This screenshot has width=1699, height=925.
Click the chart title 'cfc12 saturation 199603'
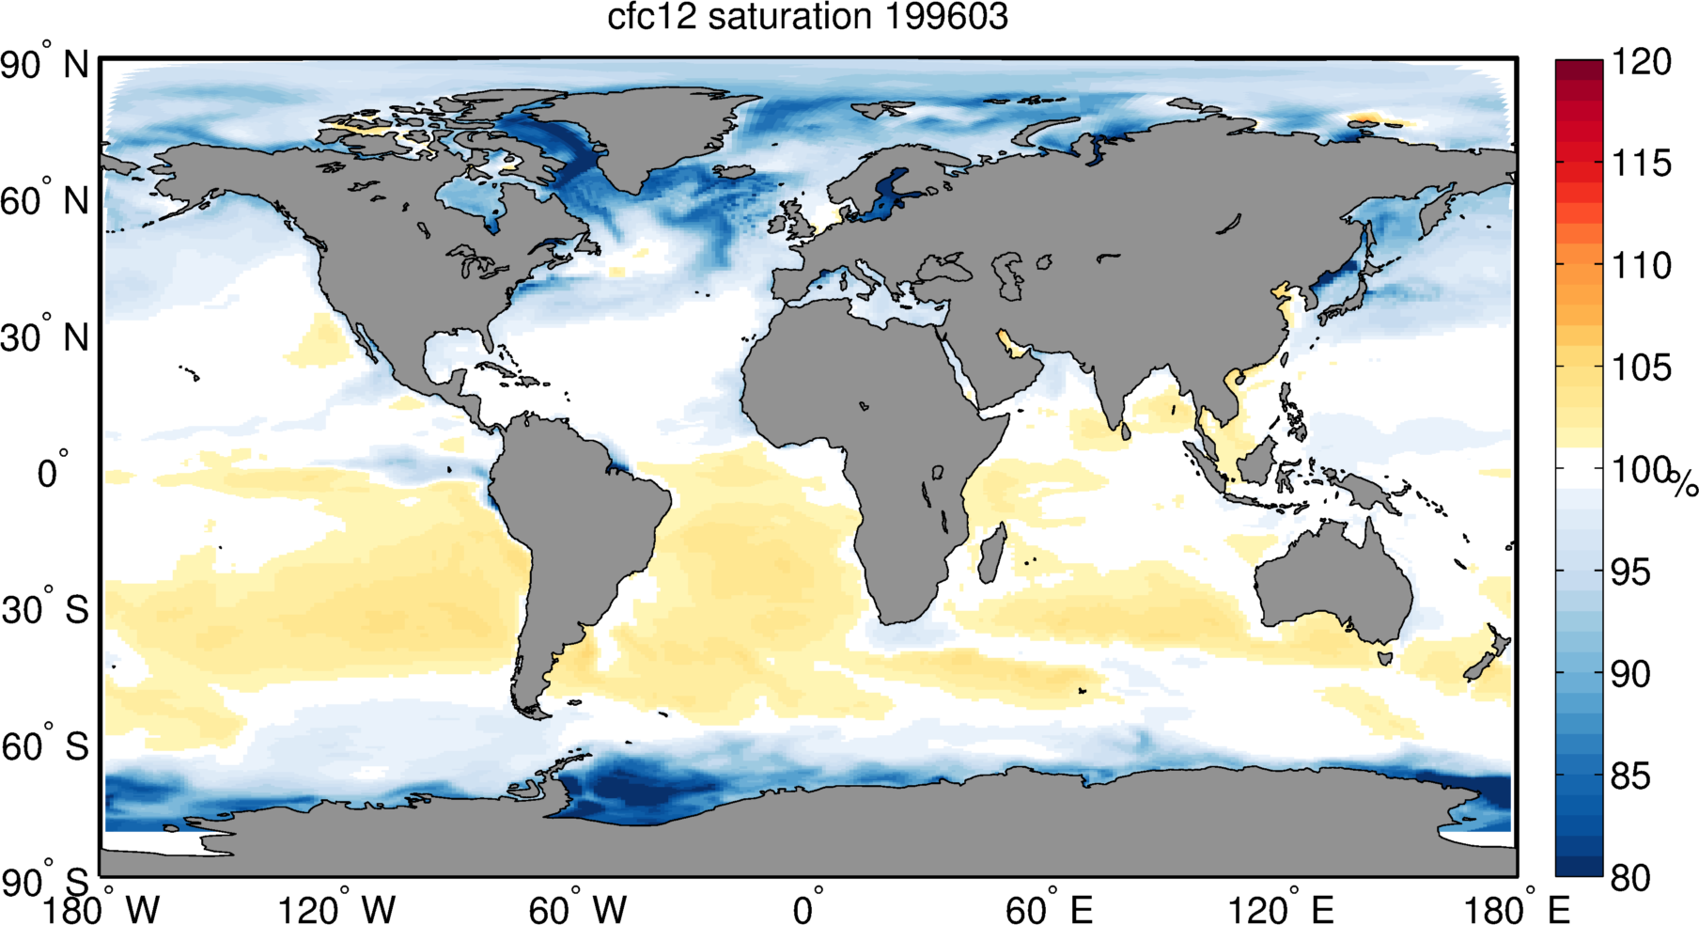807,18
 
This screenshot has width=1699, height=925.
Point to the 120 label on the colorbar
1642,62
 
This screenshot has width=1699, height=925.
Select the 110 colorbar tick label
1642,266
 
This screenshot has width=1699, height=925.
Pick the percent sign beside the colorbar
1684,483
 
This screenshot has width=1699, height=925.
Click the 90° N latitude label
44,66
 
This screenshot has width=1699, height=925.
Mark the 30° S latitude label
45,610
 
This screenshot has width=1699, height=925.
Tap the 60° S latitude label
45,746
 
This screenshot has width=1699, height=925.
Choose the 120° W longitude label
336,909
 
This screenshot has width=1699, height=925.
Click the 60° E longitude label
1049,909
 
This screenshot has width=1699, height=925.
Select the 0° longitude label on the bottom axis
808,909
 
